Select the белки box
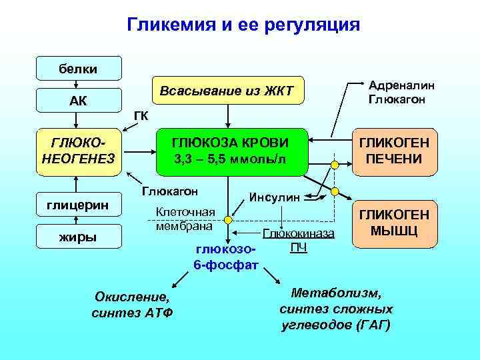[79, 69]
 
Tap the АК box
[79, 101]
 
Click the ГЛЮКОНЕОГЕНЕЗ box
[79, 151]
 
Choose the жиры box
[79, 236]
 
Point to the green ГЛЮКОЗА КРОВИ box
[230, 151]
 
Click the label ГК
[141, 115]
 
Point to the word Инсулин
[275, 197]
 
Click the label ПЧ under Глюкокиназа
[299, 248]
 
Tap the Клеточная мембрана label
[185, 219]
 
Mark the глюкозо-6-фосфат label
[225, 257]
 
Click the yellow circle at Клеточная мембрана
[228, 219]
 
